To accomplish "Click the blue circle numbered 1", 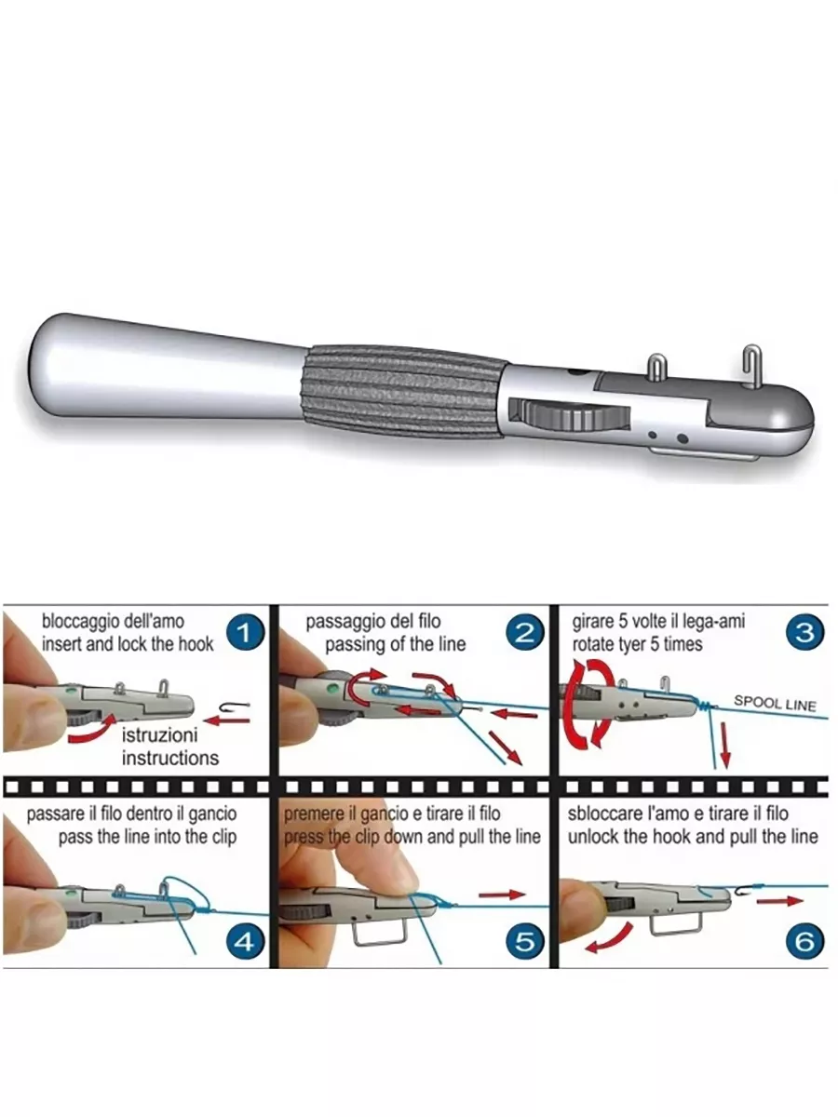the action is pos(245,633).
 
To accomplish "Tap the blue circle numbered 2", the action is pos(525,633).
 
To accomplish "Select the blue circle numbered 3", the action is pos(804,633).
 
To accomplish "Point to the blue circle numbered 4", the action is pos(244,941).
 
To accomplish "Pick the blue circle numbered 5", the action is pos(525,941).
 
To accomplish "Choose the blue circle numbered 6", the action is pos(804,941).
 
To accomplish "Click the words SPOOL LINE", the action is pos(775,704).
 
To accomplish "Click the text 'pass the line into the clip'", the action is pos(147,837).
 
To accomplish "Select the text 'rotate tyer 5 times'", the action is pos(637,644).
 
